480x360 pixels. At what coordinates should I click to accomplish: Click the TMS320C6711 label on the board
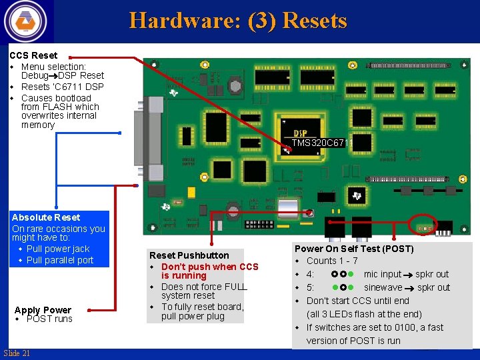click(321, 143)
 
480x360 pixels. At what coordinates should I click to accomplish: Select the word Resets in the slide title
click(315, 21)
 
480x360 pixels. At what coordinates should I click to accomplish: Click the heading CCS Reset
click(33, 55)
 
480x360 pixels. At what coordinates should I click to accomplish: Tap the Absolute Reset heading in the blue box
click(46, 217)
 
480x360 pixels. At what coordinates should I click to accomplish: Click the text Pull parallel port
click(60, 260)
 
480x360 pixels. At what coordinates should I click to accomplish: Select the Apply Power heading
click(43, 310)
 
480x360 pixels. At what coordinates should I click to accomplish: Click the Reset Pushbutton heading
click(189, 255)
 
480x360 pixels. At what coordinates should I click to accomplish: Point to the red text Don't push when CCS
click(209, 267)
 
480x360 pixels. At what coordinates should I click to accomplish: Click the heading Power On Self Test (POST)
click(354, 249)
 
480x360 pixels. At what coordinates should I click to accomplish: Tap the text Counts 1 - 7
click(332, 261)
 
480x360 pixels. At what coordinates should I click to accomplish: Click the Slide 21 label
click(17, 353)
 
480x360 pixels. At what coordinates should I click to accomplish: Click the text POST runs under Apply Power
click(49, 319)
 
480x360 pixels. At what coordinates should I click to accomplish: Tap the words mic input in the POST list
click(383, 274)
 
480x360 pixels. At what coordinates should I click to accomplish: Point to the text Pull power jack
click(58, 249)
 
